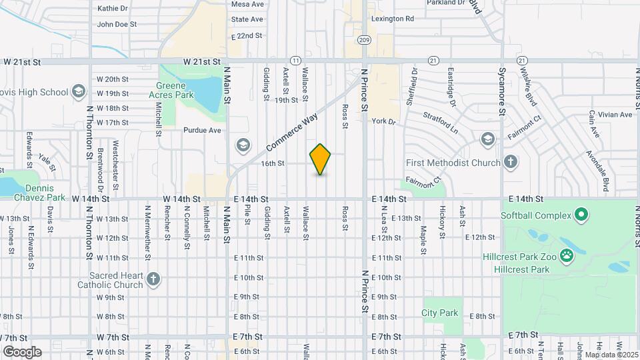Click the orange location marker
coord(321,159)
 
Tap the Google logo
coord(22,352)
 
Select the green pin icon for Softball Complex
coord(581,215)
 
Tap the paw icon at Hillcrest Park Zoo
coord(567,255)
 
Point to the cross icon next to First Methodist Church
coord(510,162)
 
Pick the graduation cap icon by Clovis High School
coord(78,91)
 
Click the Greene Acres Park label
coord(175,90)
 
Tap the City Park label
coord(440,313)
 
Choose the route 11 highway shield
coord(295,60)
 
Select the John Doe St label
coord(117,24)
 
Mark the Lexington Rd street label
coord(393,19)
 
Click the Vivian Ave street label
coord(615,115)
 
